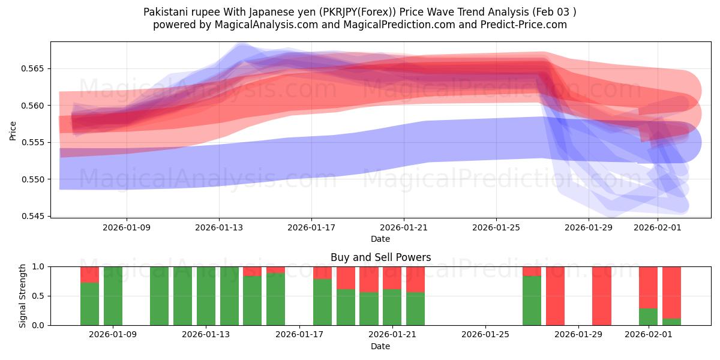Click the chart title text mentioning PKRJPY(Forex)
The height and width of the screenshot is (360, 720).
pos(360,12)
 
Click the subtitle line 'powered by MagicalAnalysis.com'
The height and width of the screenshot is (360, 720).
pos(360,25)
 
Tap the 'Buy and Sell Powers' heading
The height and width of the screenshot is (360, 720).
pos(380,257)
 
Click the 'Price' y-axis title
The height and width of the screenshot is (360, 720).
pos(13,130)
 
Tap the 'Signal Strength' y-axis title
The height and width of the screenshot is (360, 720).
pos(22,296)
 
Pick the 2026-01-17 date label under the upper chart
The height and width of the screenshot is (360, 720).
pos(311,228)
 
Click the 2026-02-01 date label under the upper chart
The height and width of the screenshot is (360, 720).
pos(658,228)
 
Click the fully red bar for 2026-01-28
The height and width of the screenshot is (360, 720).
pos(555,296)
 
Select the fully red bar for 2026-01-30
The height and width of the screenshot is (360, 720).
pos(601,296)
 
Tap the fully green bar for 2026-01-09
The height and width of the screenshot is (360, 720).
pos(113,296)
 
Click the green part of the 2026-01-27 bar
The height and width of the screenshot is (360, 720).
pos(532,301)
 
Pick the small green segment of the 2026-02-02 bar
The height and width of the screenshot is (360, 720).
pos(671,322)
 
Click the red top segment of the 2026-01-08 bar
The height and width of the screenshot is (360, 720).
pos(89,274)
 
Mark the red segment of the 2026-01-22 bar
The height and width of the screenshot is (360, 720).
pos(415,279)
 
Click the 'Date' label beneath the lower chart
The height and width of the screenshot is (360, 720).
pos(380,346)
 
